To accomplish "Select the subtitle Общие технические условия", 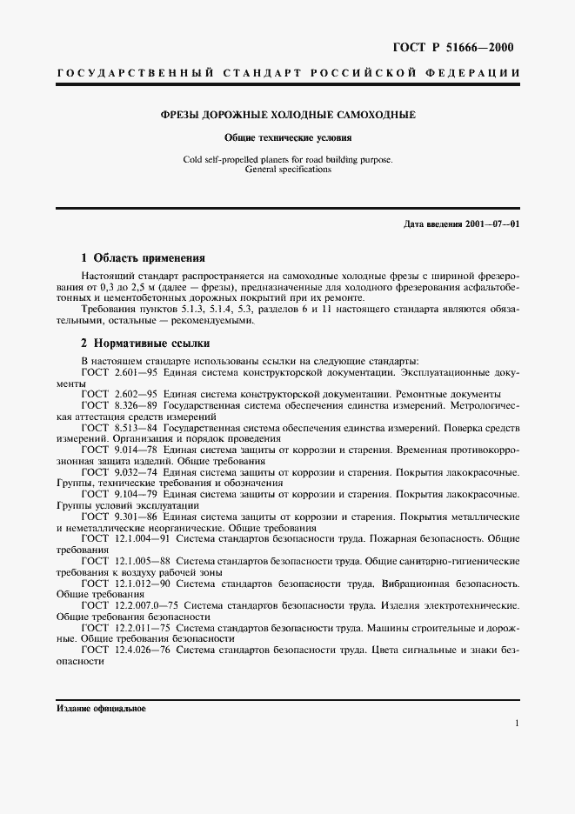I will click(288, 137).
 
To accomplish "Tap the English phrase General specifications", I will click(288, 170).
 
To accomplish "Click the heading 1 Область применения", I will click(143, 257).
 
